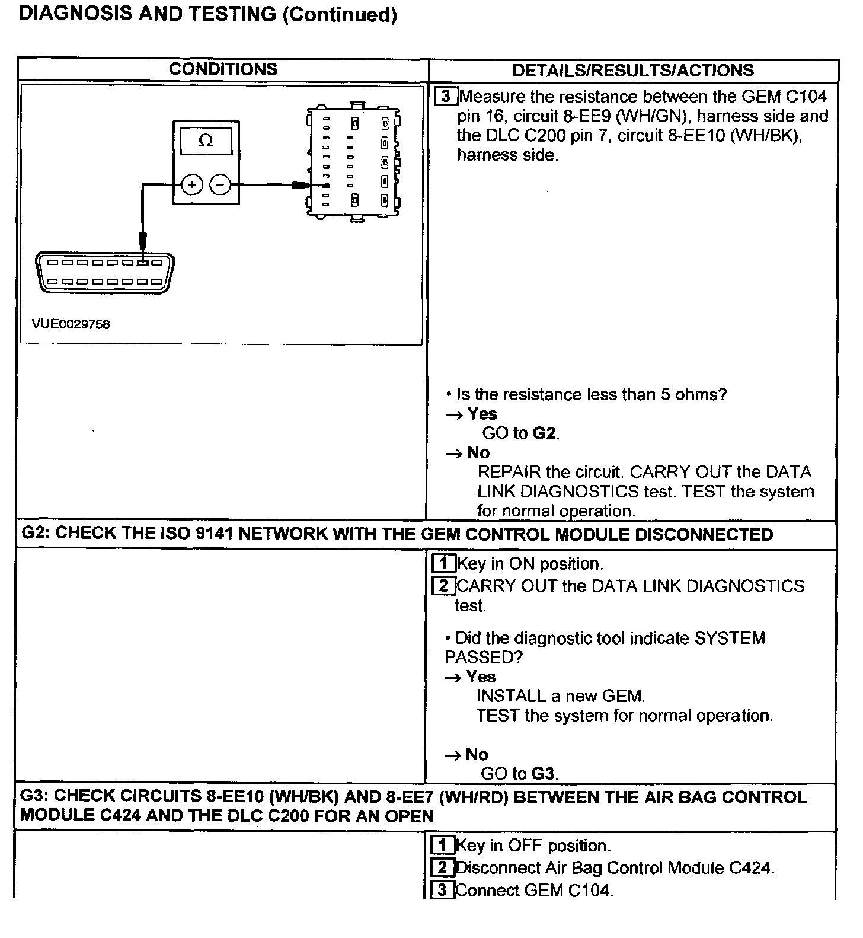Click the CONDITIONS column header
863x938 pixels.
click(x=223, y=69)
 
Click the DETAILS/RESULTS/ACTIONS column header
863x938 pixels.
click(x=632, y=71)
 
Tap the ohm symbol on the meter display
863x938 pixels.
click(x=206, y=141)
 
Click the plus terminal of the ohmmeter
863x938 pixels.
click(x=191, y=185)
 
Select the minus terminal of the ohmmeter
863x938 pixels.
click(x=220, y=185)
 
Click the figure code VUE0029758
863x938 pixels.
click(x=71, y=324)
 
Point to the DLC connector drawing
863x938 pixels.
click(x=105, y=272)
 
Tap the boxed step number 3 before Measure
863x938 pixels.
click(x=446, y=96)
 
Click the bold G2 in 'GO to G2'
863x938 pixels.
click(x=545, y=433)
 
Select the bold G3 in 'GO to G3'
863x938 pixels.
click(x=543, y=774)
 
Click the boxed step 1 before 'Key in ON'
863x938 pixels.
click(x=444, y=563)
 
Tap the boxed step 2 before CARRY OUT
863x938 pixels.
click(x=443, y=586)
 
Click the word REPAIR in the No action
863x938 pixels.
click(x=509, y=473)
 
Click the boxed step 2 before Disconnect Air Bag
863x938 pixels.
click(x=442, y=868)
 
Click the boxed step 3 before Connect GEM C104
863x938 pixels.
click(x=442, y=890)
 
